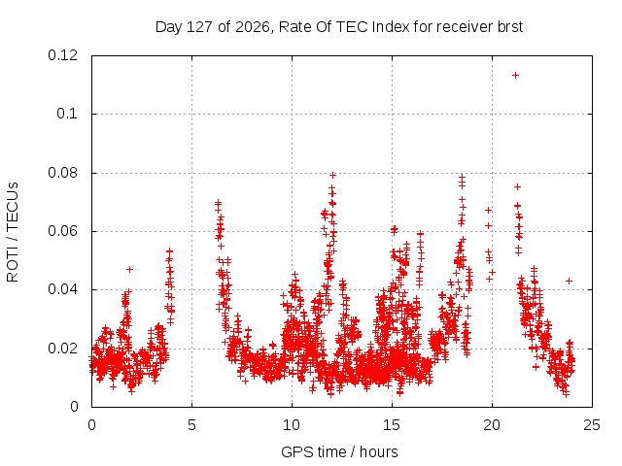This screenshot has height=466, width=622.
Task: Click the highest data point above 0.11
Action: pos(515,76)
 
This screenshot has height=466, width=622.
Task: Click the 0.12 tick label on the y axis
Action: pos(62,55)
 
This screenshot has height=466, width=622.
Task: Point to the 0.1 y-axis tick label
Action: pos(67,114)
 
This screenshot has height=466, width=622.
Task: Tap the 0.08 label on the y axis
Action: pos(62,173)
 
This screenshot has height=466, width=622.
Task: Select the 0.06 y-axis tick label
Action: pos(62,231)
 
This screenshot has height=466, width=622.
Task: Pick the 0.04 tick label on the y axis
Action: pos(62,289)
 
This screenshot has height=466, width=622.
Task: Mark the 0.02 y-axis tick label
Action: pos(62,349)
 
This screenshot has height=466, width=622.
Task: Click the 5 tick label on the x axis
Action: pos(192,425)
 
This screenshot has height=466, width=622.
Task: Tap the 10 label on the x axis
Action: pos(292,425)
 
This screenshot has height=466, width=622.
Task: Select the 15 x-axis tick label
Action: pos(392,425)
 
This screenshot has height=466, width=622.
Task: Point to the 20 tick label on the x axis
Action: pos(492,425)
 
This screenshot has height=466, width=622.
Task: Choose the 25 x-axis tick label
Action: pos(592,425)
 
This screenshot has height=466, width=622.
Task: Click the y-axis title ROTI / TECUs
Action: pos(13,232)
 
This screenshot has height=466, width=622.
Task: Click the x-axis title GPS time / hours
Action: pos(339,452)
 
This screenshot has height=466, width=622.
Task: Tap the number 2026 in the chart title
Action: pos(253,27)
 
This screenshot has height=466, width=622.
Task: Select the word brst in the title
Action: pos(509,27)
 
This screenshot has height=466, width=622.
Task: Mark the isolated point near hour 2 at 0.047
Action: pos(129,270)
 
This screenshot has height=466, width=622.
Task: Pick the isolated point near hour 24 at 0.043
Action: pos(569,281)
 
